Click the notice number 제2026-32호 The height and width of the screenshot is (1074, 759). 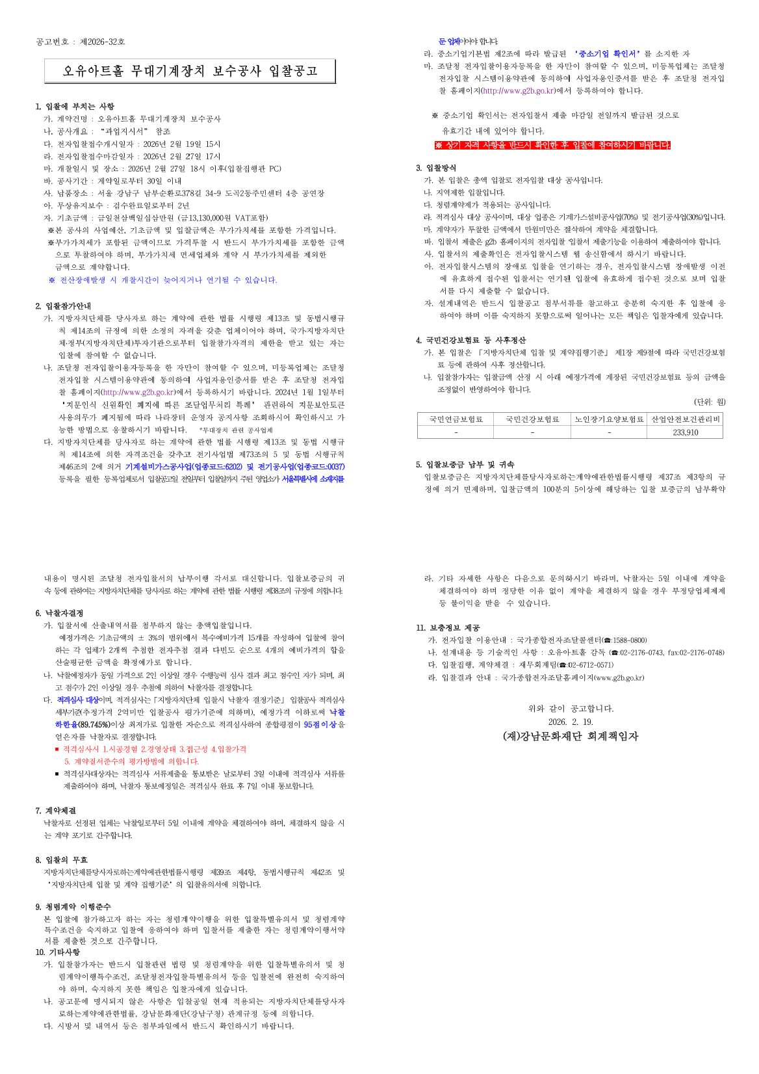click(102, 42)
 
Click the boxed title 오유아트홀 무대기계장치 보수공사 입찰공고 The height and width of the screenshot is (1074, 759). click(190, 71)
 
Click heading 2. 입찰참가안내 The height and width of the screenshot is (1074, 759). click(64, 306)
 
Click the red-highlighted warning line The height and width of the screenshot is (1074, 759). click(552, 145)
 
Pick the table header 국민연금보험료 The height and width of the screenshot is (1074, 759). click(456, 419)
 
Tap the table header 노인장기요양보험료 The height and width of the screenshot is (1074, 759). click(609, 419)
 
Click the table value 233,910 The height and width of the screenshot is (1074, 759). click(685, 432)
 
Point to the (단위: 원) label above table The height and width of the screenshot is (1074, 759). click(710, 402)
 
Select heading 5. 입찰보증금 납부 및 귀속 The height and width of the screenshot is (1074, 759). click(465, 465)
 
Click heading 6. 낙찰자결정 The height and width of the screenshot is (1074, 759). click(59, 613)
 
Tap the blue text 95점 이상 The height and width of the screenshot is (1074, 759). click(320, 724)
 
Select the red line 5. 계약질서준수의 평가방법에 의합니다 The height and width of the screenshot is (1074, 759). click(131, 761)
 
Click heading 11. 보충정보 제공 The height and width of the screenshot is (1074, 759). click(448, 628)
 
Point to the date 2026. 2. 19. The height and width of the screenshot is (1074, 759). click(571, 722)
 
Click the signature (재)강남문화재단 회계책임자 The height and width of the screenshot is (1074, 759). click(571, 737)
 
